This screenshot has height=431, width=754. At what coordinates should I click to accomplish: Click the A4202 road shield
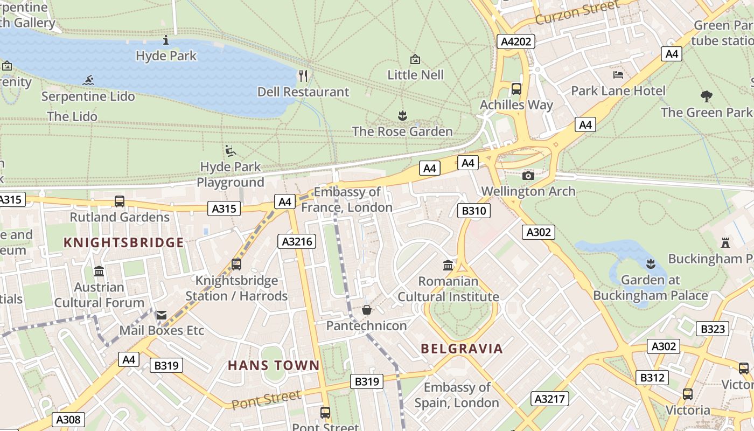[x=516, y=41]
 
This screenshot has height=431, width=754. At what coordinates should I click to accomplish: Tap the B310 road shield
[x=474, y=211]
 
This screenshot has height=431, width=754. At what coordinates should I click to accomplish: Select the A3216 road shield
[x=297, y=241]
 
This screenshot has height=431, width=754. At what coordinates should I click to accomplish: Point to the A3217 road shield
[x=550, y=399]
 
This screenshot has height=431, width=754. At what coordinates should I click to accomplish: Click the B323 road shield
[x=713, y=329]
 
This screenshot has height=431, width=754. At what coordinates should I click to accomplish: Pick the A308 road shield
[x=69, y=420]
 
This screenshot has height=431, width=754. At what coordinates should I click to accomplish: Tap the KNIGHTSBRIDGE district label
[x=124, y=242]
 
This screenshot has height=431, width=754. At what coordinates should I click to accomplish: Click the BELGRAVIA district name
[x=462, y=349]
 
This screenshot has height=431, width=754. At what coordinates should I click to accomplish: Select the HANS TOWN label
[x=274, y=365]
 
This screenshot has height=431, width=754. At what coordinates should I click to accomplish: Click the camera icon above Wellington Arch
[x=528, y=176]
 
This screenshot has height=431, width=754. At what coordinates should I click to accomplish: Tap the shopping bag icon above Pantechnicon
[x=367, y=310]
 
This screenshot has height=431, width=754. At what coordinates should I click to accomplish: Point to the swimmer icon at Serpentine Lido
[x=89, y=81]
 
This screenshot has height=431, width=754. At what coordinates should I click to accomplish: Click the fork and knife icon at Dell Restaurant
[x=303, y=75]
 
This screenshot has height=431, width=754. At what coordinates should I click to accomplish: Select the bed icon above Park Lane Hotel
[x=618, y=74]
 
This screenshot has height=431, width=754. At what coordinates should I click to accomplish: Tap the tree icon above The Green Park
[x=707, y=96]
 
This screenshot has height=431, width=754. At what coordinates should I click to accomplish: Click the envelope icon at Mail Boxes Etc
[x=161, y=315]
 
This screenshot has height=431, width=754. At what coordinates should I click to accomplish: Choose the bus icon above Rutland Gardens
[x=120, y=201]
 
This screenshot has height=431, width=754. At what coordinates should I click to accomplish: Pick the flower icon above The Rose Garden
[x=402, y=115]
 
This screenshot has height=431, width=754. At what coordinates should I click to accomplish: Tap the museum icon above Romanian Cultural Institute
[x=448, y=265]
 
